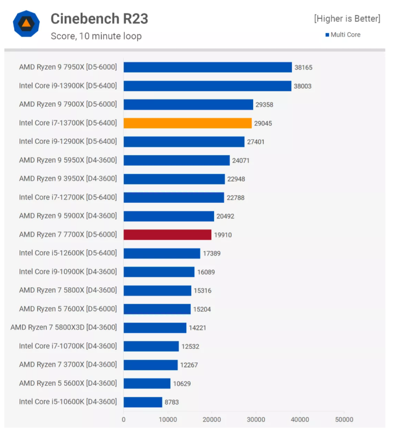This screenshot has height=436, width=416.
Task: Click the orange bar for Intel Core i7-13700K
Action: tap(187, 123)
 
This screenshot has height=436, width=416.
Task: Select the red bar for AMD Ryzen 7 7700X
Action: tap(167, 235)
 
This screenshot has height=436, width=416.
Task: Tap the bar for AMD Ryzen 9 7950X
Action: tap(207, 67)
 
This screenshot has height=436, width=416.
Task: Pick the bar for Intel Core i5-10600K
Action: tap(143, 402)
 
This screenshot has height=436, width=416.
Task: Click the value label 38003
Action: tap(303, 86)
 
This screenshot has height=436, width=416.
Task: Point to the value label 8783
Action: tap(172, 402)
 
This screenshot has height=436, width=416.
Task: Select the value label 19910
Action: tap(223, 235)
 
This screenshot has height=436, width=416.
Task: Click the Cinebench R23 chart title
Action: tap(99, 19)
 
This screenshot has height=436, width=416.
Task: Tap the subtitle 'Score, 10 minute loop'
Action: tap(96, 37)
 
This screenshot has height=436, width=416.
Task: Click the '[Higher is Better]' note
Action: tap(347, 19)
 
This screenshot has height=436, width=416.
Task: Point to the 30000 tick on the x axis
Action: tap(256, 420)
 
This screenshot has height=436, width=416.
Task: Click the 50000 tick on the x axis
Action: tap(344, 420)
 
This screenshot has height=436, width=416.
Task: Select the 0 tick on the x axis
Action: tap(124, 420)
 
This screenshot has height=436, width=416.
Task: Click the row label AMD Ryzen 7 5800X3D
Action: tap(63, 328)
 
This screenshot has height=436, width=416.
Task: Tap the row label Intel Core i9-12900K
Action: tap(68, 142)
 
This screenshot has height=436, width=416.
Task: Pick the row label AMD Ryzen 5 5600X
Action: tap(68, 383)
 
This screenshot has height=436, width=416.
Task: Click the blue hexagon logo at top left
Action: tap(26, 23)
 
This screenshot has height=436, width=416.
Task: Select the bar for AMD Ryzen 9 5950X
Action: tap(176, 160)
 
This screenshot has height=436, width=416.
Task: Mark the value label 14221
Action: tap(197, 328)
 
